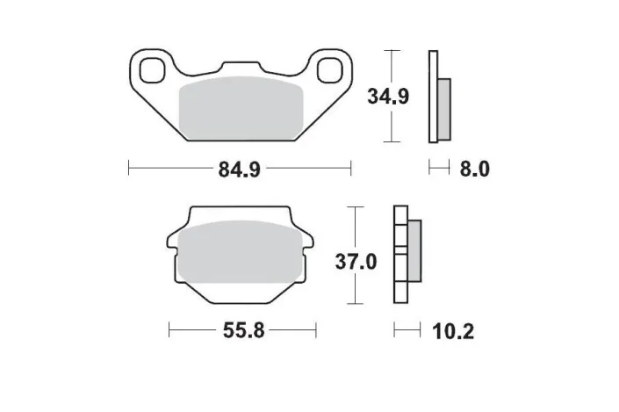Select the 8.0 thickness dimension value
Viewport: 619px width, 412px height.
(x=474, y=169)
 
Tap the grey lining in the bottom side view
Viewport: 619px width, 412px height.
(x=414, y=255)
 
